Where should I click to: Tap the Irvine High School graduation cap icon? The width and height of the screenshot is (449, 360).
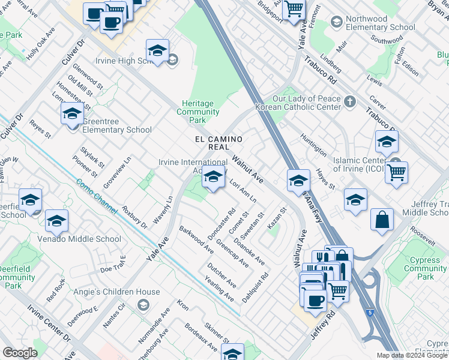click(157, 52)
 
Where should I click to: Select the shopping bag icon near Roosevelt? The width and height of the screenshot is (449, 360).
click(382, 220)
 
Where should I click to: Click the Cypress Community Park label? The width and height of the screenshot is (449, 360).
click(426, 268)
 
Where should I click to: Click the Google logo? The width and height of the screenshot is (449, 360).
click(20, 353)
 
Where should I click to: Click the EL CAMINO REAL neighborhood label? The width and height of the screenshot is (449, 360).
click(218, 143)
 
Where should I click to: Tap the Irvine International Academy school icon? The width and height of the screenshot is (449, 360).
click(212, 178)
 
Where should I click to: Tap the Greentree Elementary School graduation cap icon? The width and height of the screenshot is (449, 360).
click(71, 113)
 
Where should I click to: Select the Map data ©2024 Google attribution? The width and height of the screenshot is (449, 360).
click(412, 355)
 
